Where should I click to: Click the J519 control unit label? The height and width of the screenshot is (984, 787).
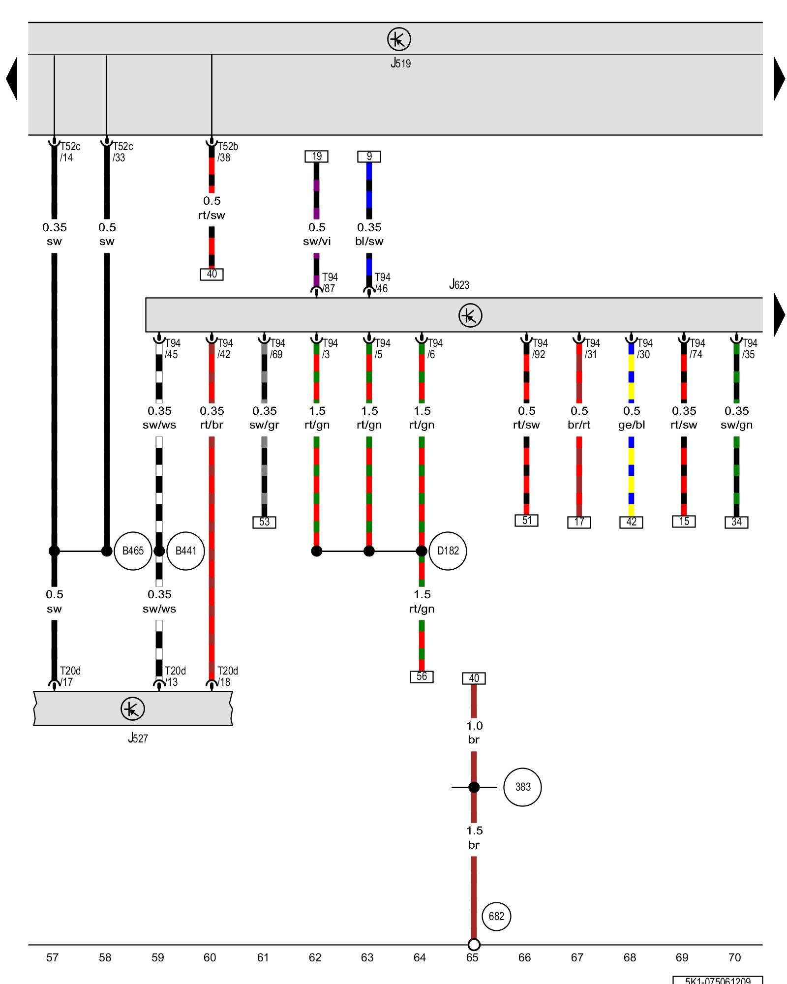point(400,63)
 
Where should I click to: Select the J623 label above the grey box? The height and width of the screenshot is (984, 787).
point(459,284)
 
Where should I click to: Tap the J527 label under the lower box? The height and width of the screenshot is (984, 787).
point(138,738)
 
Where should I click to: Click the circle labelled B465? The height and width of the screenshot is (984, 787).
point(133,551)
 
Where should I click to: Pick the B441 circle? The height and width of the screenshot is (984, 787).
point(185,551)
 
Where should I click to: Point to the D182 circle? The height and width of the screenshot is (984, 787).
point(448,551)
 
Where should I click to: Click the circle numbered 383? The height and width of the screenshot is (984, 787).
point(522,787)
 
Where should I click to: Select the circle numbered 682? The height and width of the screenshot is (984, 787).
point(496,916)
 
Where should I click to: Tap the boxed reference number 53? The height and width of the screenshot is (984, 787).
point(264,522)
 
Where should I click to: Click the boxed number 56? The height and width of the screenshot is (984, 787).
point(422,676)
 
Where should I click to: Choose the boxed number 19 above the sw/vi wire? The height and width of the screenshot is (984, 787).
point(316,156)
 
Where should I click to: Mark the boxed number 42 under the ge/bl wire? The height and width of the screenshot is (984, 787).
point(631,522)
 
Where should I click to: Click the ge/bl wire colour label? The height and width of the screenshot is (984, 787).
point(632,425)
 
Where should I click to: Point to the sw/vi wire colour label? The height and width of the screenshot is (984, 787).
point(317,242)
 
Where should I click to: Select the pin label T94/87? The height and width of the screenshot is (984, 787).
point(330,283)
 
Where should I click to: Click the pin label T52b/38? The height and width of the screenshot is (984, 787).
point(227,152)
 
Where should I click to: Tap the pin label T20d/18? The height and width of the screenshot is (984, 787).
point(227,676)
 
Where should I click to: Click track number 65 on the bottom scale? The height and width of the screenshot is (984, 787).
point(472,957)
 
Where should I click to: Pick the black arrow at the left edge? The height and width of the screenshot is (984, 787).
point(11,79)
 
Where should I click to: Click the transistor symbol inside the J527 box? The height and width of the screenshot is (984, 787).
point(133,709)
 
